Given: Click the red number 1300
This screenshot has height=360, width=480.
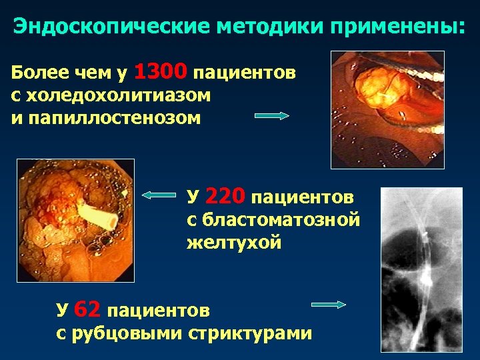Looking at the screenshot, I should click(x=164, y=71).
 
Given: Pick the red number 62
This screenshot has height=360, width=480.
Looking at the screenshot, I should click(x=87, y=309).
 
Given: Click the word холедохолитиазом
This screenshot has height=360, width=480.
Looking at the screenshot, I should click(x=111, y=95).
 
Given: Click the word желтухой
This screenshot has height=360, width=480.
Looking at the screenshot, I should click(x=234, y=243).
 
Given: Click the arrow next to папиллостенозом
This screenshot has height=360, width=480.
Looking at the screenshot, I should click(x=273, y=115).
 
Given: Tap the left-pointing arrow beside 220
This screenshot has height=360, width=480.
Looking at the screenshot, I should click(x=159, y=195).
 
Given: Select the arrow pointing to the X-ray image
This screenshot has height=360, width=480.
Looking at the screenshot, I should click(x=329, y=305).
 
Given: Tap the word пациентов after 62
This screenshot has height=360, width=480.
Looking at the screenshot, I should click(x=158, y=311).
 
